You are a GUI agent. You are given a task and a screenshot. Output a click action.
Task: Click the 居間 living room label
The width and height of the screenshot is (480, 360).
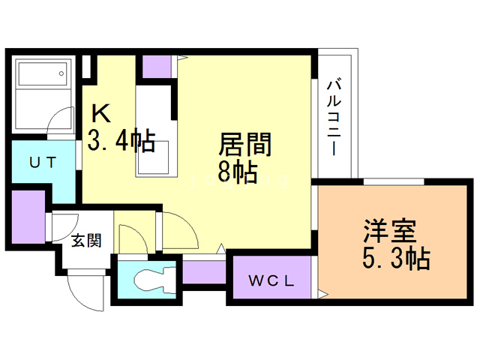(x=244, y=143)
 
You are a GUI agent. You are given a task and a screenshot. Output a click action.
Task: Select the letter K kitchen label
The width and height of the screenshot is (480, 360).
(x=101, y=113)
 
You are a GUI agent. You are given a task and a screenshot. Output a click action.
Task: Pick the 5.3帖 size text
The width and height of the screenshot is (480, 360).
(x=395, y=259)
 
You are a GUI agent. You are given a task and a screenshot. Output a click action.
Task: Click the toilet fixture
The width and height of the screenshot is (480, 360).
(x=150, y=280)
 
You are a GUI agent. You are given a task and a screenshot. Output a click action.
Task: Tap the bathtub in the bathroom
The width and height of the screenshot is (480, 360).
(x=43, y=75)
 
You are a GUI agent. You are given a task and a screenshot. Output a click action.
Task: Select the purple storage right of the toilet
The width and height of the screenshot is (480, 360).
(x=203, y=271)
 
